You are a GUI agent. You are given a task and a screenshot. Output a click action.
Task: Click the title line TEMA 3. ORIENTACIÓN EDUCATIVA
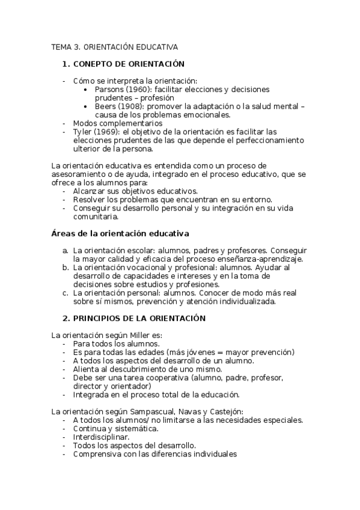(x=114, y=46)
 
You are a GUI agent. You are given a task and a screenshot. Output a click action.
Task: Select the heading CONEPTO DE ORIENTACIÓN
(x=128, y=64)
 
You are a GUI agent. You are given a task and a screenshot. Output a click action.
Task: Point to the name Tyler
(x=82, y=132)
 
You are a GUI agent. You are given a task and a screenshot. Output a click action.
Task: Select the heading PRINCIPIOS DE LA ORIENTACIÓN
(x=139, y=318)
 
